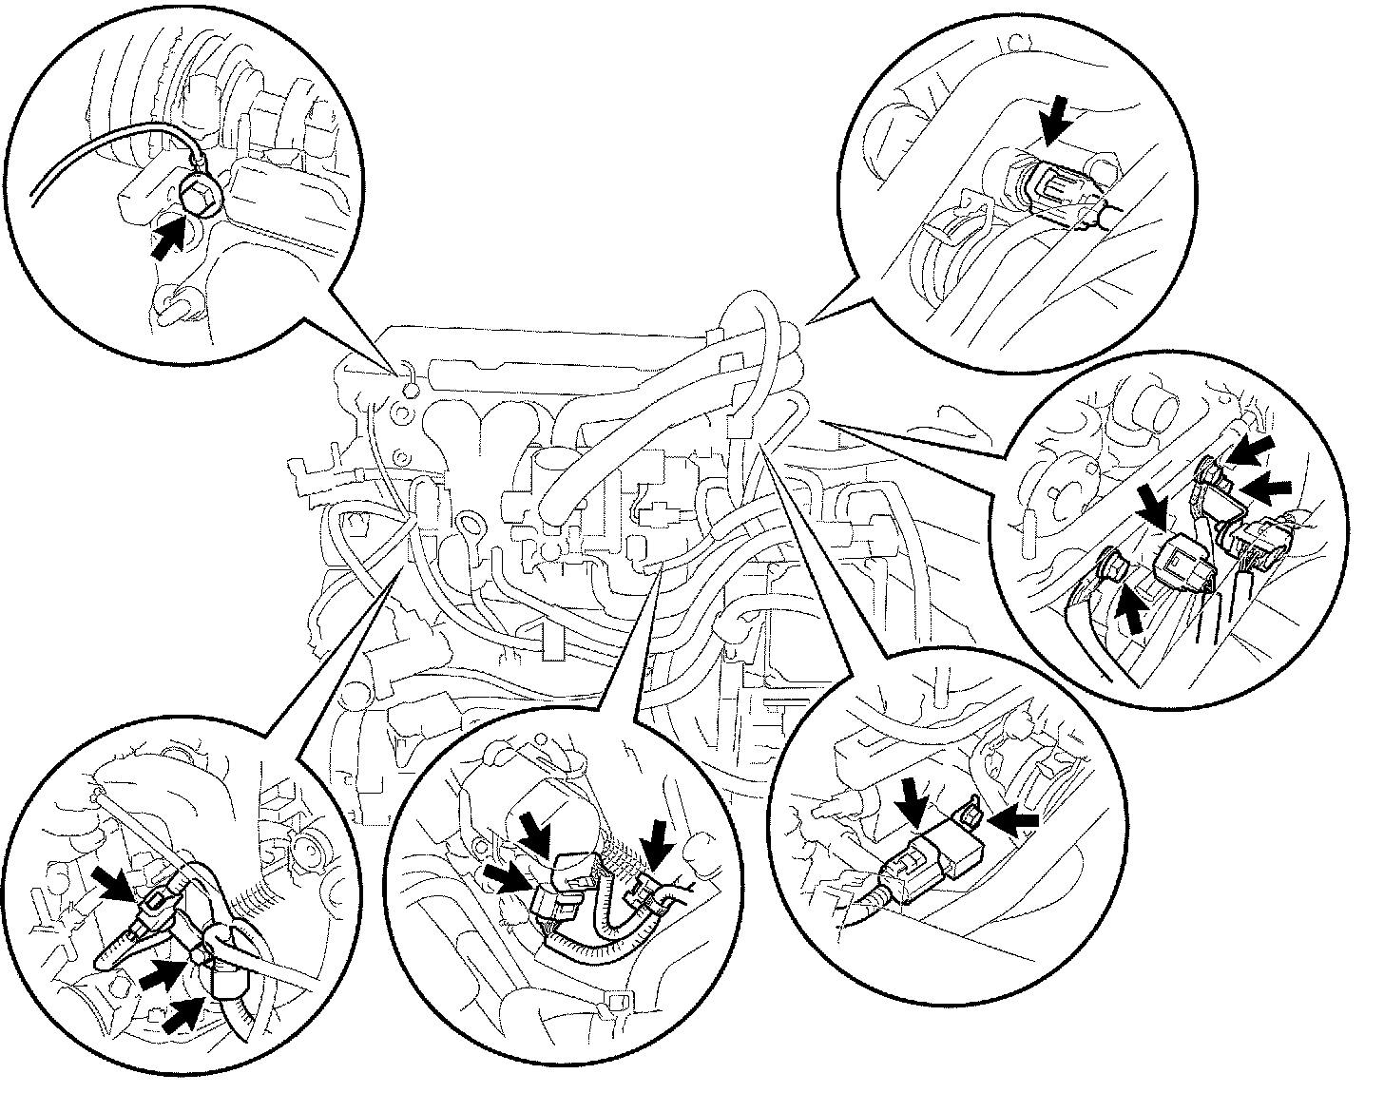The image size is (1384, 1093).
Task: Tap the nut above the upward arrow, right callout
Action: [x=1112, y=567]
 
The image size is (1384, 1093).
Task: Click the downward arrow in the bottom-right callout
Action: [x=915, y=799]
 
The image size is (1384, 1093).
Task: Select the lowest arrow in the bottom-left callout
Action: [x=183, y=1016]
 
